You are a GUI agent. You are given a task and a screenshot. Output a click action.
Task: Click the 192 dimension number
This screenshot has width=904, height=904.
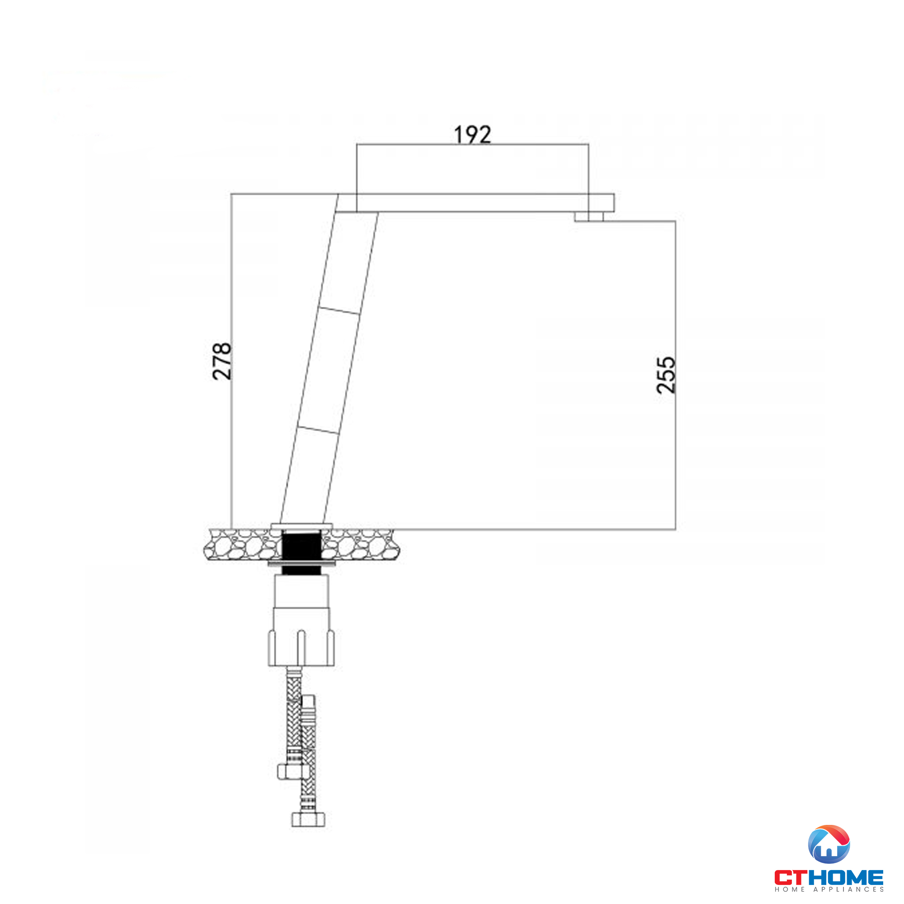(x=473, y=135)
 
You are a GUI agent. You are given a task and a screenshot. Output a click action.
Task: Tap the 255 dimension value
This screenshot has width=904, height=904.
(x=666, y=375)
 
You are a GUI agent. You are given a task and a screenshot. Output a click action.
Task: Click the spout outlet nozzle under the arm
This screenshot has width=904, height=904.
(x=589, y=217)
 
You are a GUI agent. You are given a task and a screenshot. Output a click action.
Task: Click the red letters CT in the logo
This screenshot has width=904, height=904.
(x=790, y=877)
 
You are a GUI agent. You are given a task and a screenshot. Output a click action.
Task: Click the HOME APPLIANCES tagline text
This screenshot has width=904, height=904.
(x=829, y=889)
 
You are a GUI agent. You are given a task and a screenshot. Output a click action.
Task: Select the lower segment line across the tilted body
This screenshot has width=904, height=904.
(x=318, y=429)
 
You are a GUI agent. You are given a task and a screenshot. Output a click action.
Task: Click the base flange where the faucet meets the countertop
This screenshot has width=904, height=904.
(x=301, y=527)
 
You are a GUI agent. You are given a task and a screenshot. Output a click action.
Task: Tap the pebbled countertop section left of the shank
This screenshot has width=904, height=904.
(x=241, y=544)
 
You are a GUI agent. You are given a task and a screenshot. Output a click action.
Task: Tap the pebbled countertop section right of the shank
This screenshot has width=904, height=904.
(x=360, y=544)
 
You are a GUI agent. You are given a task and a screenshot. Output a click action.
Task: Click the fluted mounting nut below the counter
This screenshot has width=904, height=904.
(x=301, y=647)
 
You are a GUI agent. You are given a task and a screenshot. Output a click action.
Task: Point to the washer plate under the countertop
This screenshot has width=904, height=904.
(x=301, y=564)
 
